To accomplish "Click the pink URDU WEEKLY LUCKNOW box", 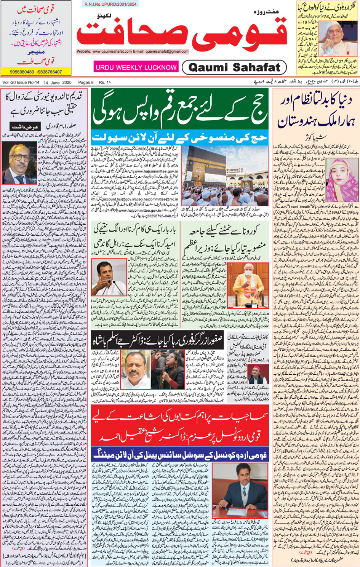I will click(136, 67).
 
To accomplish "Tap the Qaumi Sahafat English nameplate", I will click(234, 68).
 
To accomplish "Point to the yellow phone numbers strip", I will click(36, 72).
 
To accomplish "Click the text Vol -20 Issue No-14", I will click(21, 82).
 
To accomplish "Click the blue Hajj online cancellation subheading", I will click(179, 137).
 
